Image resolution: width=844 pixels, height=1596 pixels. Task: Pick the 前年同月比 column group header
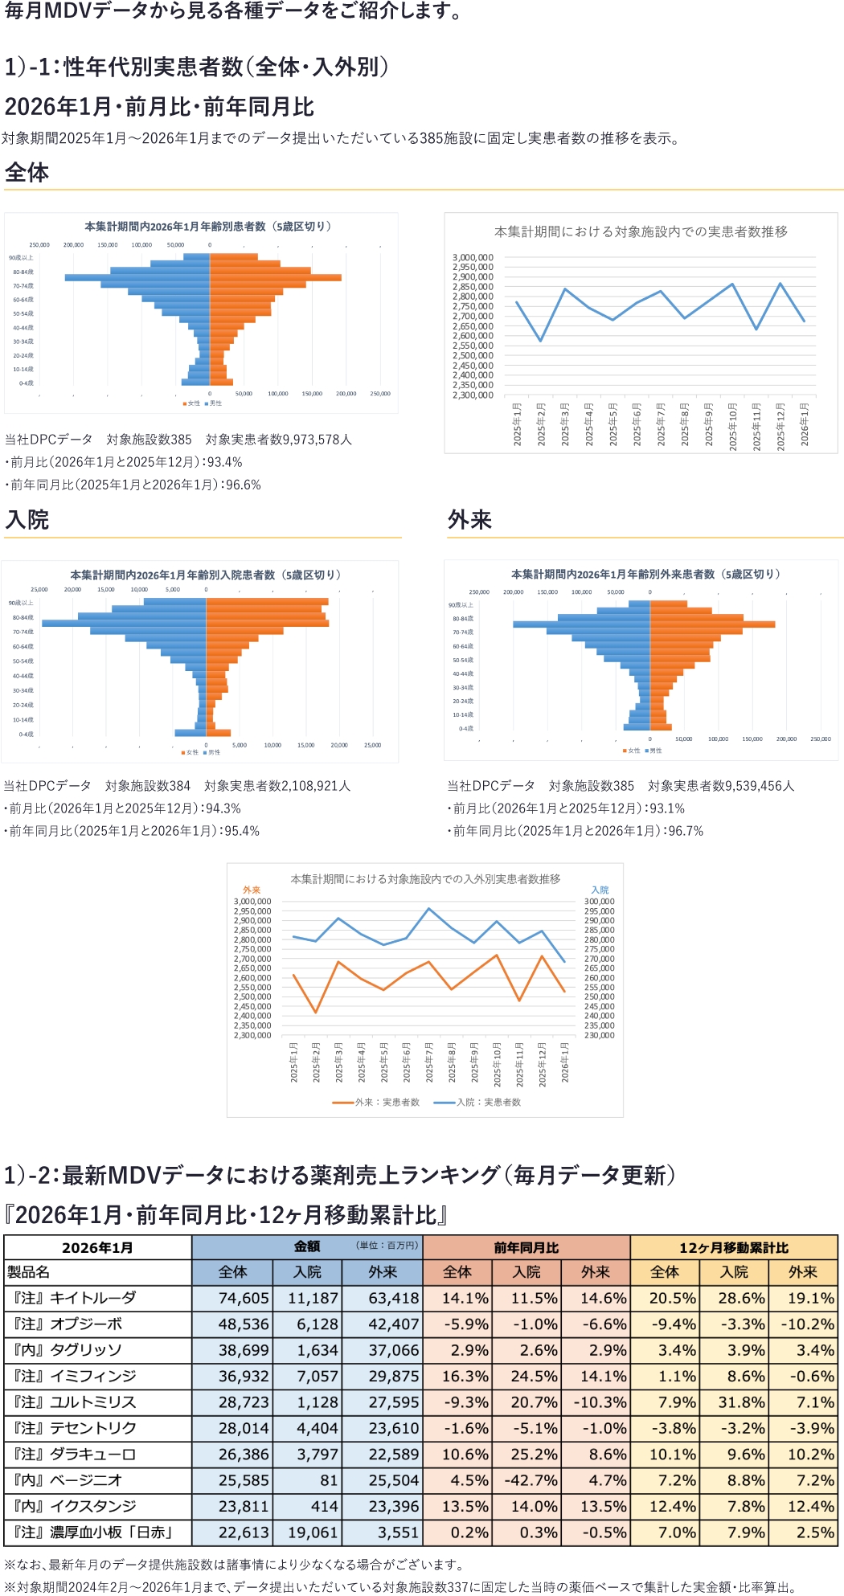tap(526, 1247)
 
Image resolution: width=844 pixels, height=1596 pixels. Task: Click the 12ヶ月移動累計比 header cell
tap(733, 1247)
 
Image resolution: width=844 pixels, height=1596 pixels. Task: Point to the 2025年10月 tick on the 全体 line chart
tap(732, 426)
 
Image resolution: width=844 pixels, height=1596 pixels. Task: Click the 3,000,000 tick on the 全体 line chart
tap(473, 257)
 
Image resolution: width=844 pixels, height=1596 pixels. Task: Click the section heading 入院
tap(27, 520)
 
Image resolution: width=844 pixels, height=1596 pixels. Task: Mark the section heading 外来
tap(469, 520)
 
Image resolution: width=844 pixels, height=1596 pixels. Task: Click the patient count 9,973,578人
tap(318, 440)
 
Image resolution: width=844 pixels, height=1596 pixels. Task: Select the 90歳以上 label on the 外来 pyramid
tap(461, 605)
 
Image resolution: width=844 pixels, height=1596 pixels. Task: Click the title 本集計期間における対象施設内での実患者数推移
tap(641, 231)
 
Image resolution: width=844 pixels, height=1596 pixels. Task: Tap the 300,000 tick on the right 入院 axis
tap(599, 902)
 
